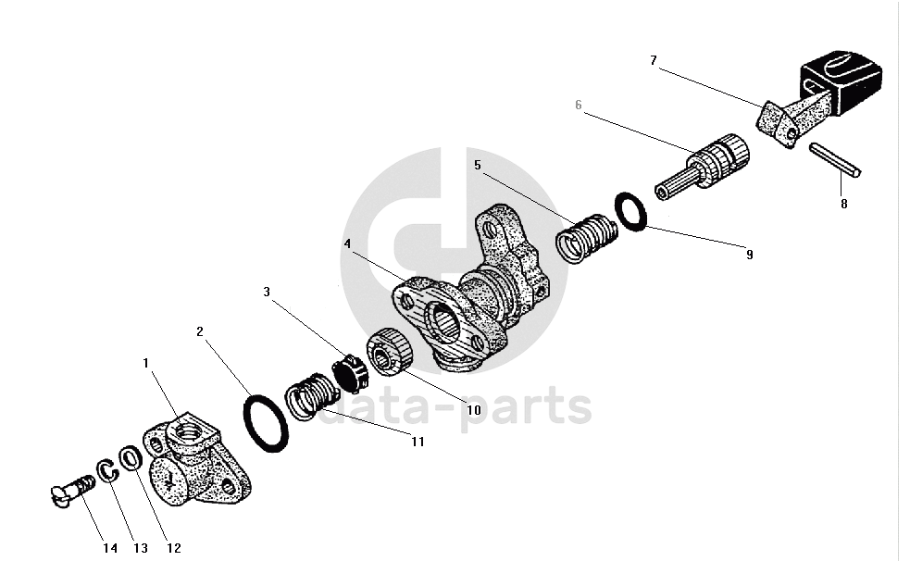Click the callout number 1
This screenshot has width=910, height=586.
pos(145,364)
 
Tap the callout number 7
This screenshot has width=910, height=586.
pos(654,60)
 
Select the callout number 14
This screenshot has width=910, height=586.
pos(110,548)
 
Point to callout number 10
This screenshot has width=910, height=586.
pos(473,409)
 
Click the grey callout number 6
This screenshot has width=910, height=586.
pos(579,106)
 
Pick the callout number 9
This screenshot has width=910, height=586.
pos(749,255)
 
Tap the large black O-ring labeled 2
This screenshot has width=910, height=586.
pos(265,424)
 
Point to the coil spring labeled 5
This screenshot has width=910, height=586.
pos(584,237)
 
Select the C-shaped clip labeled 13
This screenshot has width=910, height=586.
pos(107,470)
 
